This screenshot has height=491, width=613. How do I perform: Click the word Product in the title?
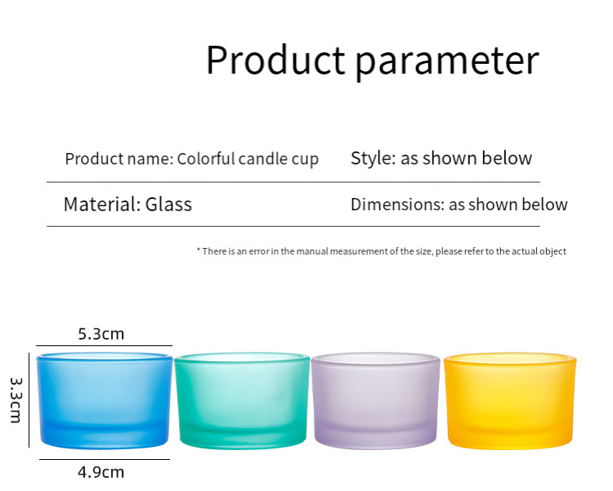point(275,61)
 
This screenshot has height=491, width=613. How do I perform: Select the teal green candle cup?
point(242,401)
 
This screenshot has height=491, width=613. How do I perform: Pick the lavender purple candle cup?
point(376,400)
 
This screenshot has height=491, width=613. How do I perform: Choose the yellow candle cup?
point(510,400)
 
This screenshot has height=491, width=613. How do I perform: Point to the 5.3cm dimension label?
point(101,334)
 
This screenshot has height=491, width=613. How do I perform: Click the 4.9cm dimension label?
point(101,472)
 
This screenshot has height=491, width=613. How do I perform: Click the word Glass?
point(168,205)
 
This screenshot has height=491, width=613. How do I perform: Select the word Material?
point(100,205)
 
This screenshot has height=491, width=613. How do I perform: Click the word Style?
point(373,159)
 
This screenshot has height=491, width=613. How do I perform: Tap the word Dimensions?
point(397,205)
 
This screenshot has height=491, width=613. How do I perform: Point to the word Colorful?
point(206,159)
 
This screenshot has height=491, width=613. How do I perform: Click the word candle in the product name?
point(259,159)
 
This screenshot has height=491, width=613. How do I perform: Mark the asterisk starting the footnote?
point(199,251)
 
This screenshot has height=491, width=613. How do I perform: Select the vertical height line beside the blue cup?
point(29,399)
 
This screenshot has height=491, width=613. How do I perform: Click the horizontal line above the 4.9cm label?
point(105,459)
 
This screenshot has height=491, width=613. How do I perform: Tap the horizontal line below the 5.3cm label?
point(105,346)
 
